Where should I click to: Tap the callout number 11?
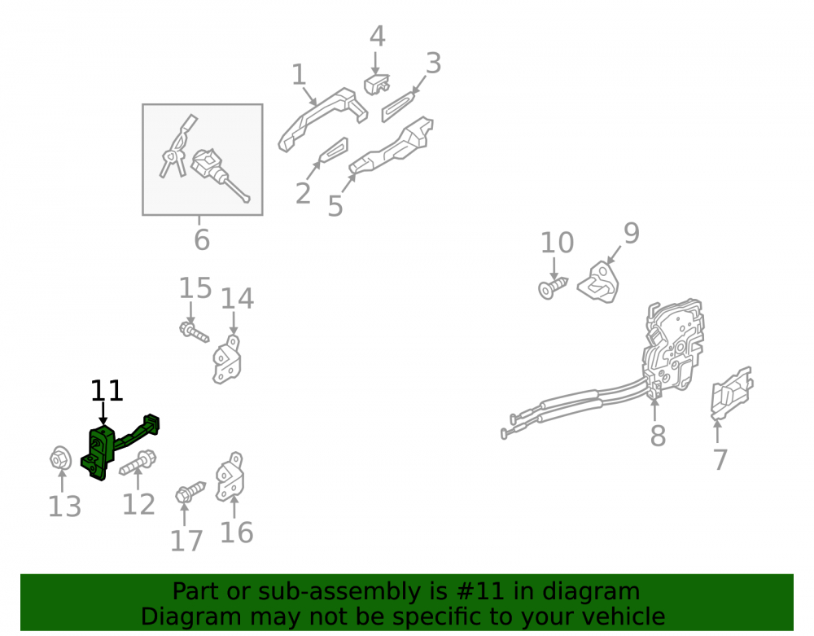pos(107,390)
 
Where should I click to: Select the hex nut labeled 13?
pos(61,458)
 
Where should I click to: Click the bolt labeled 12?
pos(138,463)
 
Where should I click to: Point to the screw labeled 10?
pos(553,287)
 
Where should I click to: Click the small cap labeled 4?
pos(376,85)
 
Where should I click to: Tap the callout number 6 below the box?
pos(202,240)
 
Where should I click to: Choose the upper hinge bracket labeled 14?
pos(227,359)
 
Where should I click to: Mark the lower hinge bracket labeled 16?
pos(230,477)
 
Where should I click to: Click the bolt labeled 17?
pos(190,492)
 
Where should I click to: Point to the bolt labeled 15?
pos(195,331)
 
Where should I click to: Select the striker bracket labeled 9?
pos(598,282)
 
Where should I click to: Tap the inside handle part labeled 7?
pos(732,393)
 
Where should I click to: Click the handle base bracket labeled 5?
pos(392,145)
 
